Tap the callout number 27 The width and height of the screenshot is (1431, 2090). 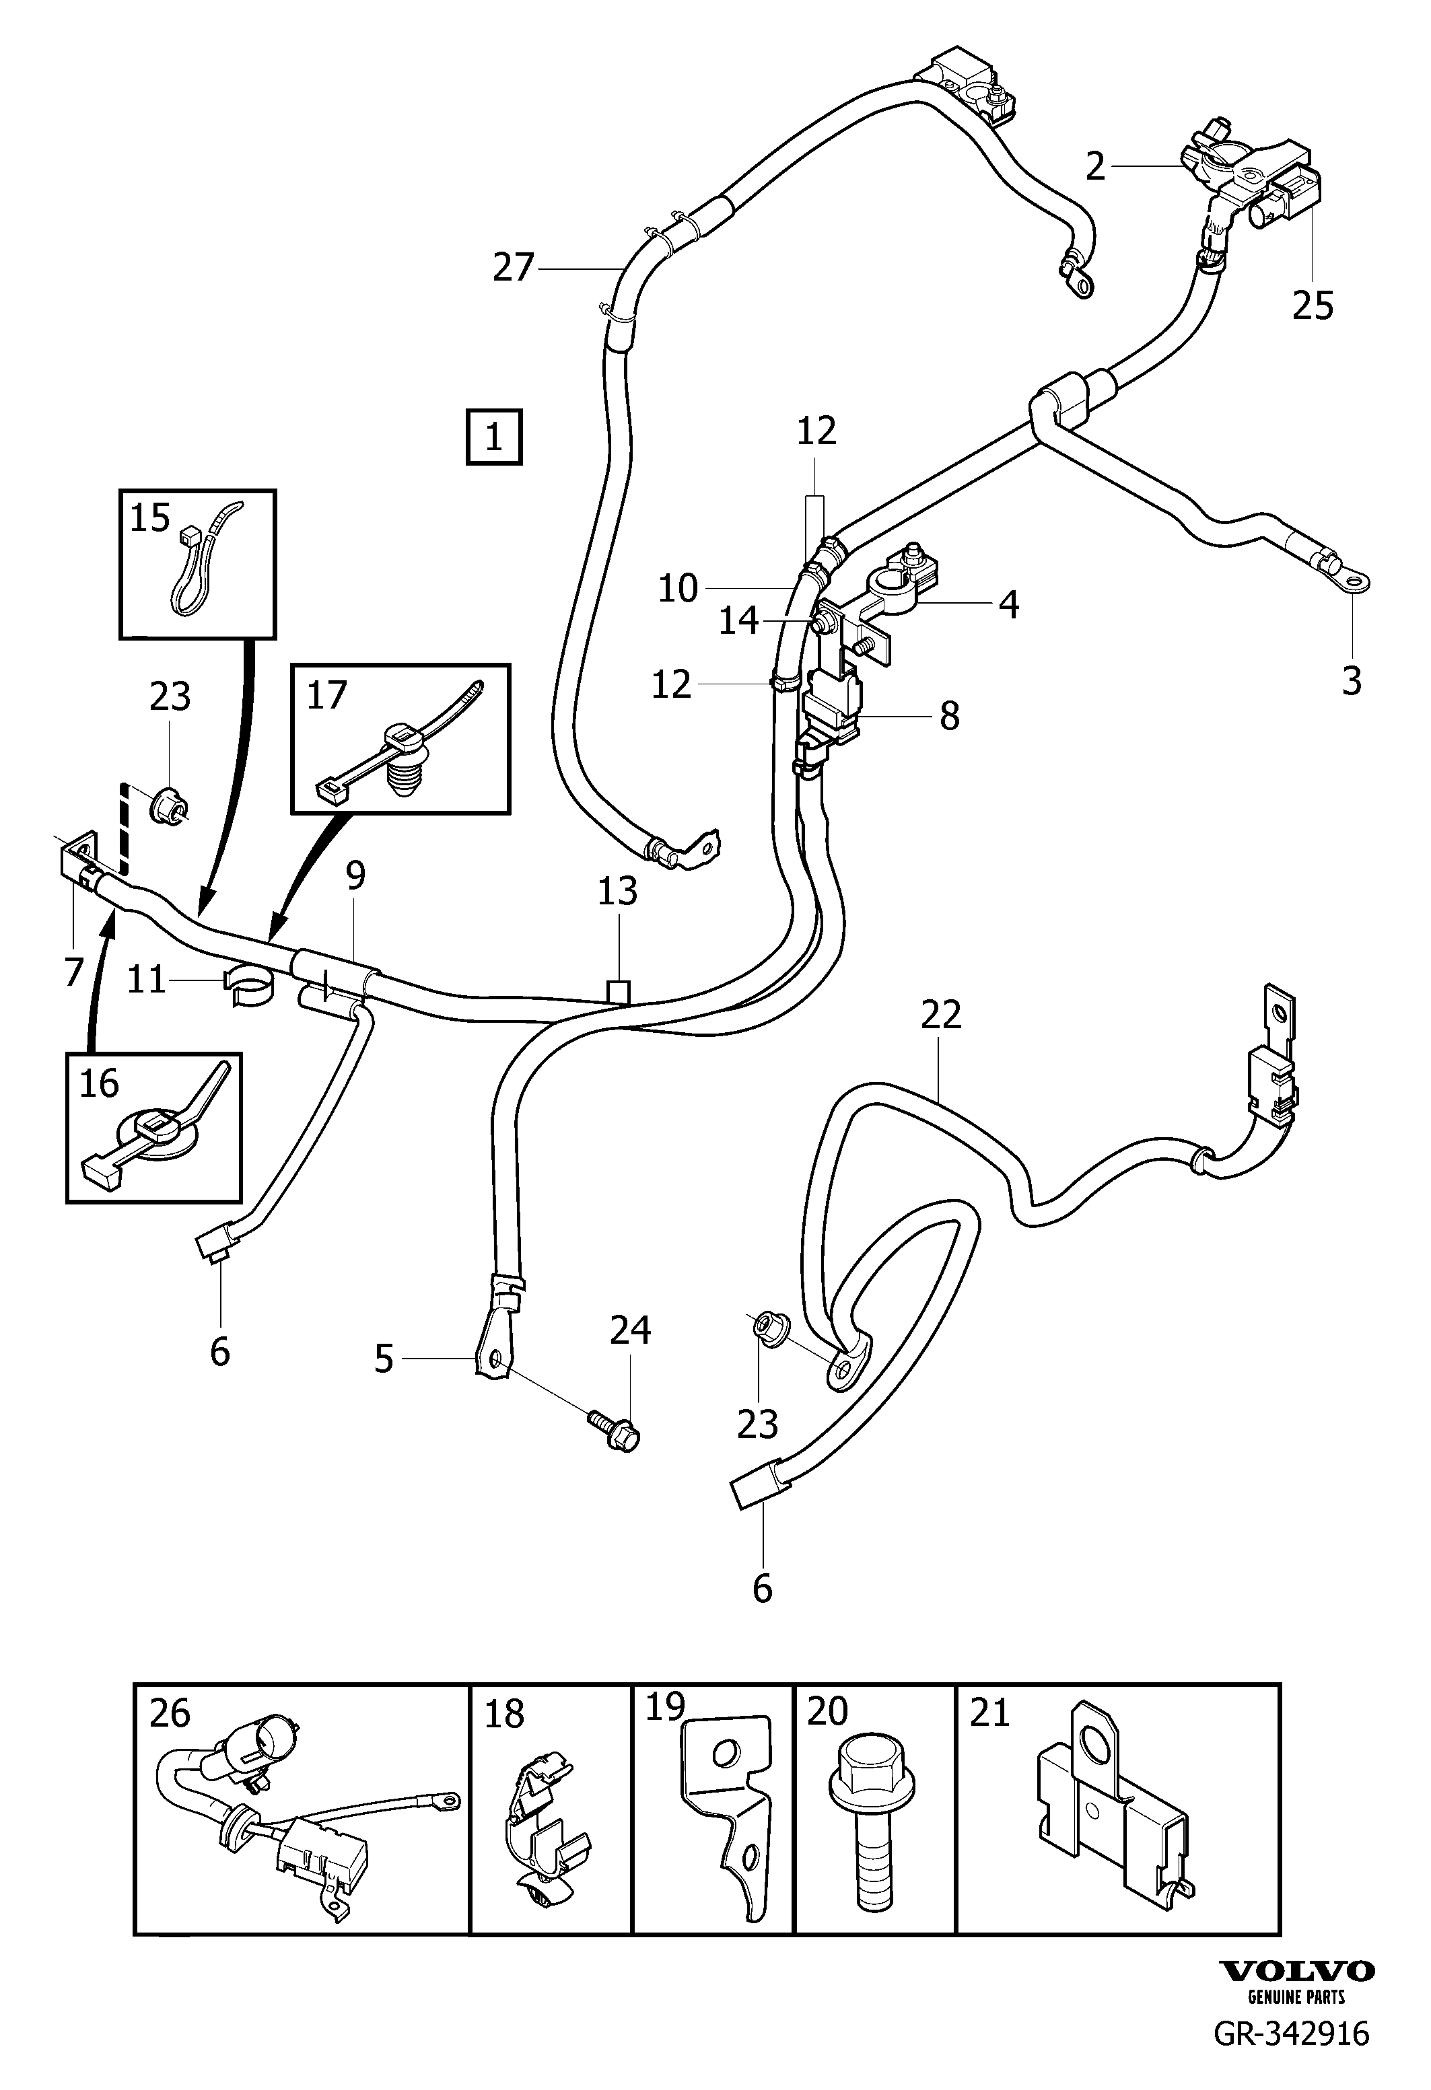tap(514, 267)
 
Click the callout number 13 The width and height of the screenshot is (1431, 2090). tap(618, 890)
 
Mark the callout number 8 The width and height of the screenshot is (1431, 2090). tap(949, 717)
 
